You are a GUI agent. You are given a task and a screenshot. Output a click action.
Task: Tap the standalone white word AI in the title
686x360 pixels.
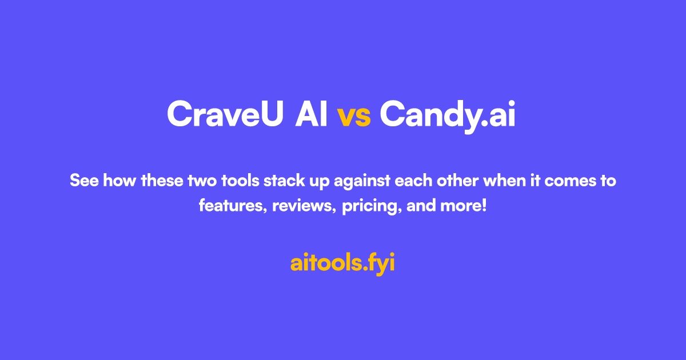pos(312,114)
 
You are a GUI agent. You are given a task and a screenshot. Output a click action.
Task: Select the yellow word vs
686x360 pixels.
pos(354,115)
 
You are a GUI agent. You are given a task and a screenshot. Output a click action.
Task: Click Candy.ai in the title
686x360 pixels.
pos(448,115)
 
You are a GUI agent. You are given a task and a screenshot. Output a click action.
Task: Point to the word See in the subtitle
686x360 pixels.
pos(83,182)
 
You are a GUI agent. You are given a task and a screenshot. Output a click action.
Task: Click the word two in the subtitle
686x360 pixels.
pos(204,182)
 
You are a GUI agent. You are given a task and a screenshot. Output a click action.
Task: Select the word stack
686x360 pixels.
pos(283,182)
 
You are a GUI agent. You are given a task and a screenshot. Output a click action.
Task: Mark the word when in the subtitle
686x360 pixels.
pos(502,182)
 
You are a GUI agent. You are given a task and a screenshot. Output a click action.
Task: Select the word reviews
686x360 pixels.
pos(304,206)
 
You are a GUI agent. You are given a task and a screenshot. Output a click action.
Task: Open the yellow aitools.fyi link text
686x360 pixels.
pos(342,263)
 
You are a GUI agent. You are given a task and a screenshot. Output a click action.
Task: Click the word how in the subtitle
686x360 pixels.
pos(117,182)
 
